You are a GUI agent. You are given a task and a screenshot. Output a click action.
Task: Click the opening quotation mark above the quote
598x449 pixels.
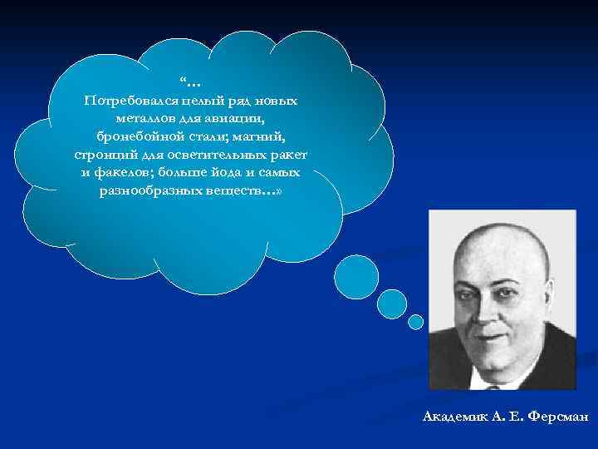tap(182, 81)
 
